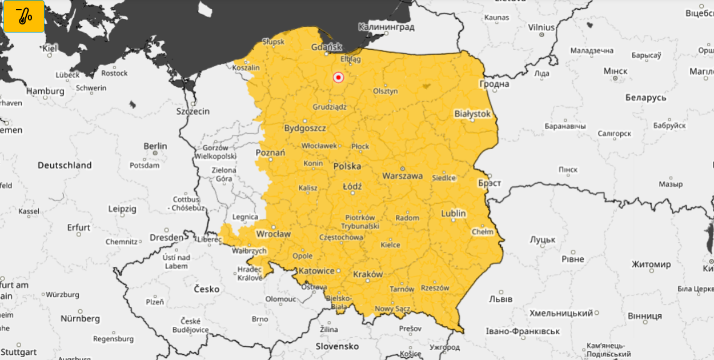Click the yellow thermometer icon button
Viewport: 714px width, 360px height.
[x=24, y=16]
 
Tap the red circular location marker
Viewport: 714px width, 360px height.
[x=338, y=77]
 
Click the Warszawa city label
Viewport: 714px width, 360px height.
[x=403, y=176]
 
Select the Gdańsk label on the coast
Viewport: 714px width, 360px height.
[x=327, y=47]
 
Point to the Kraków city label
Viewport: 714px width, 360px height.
[x=368, y=274]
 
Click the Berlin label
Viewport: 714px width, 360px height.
[x=155, y=146]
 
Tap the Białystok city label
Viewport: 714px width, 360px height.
[x=472, y=114]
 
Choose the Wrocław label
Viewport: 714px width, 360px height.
[x=274, y=234]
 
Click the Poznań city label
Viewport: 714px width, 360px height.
[x=270, y=153]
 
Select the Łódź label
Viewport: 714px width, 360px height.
[x=352, y=187]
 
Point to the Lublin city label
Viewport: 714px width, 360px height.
[x=454, y=214]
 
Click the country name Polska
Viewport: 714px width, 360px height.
[x=347, y=166]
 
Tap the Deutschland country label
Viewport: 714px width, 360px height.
[x=65, y=165]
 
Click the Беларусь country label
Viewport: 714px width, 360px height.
[x=645, y=98]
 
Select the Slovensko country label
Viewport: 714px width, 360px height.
[x=337, y=346]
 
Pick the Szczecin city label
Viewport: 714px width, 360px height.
[x=192, y=111]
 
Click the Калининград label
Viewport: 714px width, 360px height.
[x=386, y=27]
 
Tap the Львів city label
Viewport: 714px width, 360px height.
[x=501, y=299]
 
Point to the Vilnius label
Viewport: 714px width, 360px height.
[x=541, y=27]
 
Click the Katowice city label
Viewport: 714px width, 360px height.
[x=316, y=270]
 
